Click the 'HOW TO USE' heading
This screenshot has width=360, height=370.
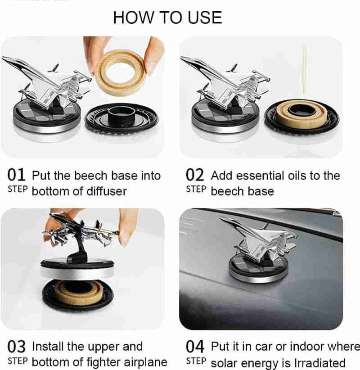(x=167, y=18)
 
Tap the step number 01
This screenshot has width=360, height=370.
(x=16, y=175)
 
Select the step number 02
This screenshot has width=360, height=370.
(x=195, y=175)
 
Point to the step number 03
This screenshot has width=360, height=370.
(x=16, y=347)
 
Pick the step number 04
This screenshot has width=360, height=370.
(x=195, y=347)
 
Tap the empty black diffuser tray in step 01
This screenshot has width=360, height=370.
(x=121, y=118)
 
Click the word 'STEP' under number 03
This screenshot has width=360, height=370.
(x=18, y=361)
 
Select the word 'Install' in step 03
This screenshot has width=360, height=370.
(x=48, y=347)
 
